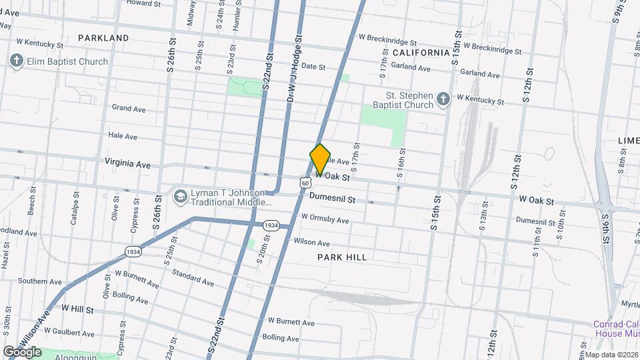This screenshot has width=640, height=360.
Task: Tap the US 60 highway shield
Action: coord(305,182)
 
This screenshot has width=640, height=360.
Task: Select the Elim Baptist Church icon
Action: coord(16,61)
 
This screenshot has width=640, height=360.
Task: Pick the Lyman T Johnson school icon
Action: coord(180,197)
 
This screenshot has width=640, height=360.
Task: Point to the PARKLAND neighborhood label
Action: coord(103,38)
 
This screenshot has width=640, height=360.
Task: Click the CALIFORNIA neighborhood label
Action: coord(421,52)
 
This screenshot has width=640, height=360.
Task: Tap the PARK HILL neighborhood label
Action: coord(342,257)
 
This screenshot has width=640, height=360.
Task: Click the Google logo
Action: coord(22,351)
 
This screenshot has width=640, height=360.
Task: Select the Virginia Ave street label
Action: coord(127,164)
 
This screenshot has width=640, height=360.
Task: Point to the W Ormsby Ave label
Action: coord(325,219)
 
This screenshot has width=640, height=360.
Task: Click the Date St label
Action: coord(313,67)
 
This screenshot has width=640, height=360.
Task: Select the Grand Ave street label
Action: coord(129,108)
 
